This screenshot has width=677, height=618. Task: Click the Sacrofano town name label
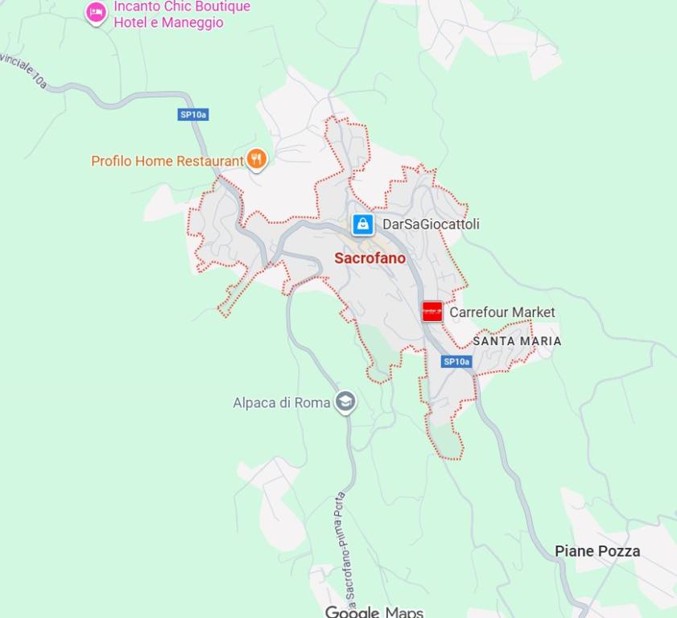[369, 258]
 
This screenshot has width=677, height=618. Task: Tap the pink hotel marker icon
[97, 13]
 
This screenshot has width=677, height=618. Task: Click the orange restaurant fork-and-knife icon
[257, 159]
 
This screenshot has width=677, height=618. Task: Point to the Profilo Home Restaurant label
[167, 161]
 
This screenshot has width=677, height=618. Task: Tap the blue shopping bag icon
[363, 224]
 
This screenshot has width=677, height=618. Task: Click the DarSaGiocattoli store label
[431, 224]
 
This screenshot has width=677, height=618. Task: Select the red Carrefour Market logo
[432, 311]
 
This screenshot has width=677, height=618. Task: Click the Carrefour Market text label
[502, 312]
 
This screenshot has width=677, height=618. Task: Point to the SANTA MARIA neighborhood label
[517, 341]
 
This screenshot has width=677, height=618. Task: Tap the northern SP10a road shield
[193, 115]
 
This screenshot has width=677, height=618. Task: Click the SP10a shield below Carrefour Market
[456, 362]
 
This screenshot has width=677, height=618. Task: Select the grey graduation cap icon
[345, 402]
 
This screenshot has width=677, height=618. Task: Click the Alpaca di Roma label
[282, 402]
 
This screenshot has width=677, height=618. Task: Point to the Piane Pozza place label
[597, 551]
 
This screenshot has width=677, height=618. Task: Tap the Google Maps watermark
[374, 612]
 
